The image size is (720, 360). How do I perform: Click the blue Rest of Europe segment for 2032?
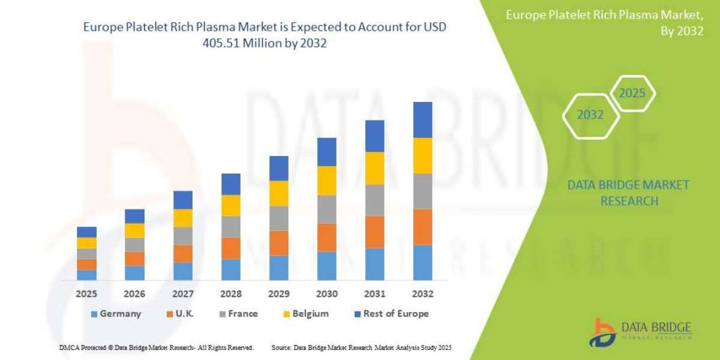pos(422,120)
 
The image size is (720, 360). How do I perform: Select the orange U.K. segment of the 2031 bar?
pos(374,232)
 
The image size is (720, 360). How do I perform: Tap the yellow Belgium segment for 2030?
pos(326,181)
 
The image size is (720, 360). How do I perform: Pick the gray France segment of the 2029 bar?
pos(278,218)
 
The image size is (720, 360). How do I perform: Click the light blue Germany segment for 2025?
pos(86,275)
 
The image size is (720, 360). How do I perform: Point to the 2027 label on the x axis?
pos(183,294)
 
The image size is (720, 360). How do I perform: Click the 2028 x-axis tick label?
pos(231,294)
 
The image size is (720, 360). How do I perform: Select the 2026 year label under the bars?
pos(134,294)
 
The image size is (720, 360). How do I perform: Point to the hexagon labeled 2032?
pos(590,115)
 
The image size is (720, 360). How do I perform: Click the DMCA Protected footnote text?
pos(156,347)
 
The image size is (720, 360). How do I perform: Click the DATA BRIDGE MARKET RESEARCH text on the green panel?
pos(628,193)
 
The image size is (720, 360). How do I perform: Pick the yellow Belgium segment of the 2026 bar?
pos(134,230)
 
